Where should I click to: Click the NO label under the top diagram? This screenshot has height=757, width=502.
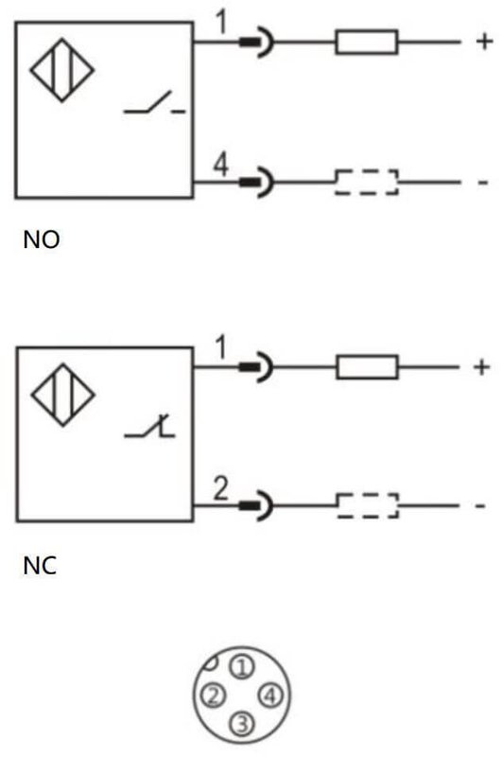click(x=42, y=239)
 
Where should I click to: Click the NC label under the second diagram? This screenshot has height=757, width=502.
click(x=40, y=565)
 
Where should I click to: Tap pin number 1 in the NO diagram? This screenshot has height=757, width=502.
click(x=221, y=22)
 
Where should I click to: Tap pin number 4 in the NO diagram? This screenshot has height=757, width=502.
click(x=221, y=164)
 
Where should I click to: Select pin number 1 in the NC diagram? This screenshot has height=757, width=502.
click(x=221, y=347)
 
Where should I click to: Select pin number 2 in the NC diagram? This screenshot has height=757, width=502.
click(x=221, y=488)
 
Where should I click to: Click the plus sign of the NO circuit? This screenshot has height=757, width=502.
click(x=484, y=41)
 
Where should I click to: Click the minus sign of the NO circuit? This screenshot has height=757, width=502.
click(x=483, y=183)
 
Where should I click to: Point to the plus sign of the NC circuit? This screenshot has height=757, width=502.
click(x=481, y=367)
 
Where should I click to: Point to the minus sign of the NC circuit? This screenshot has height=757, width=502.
click(x=479, y=506)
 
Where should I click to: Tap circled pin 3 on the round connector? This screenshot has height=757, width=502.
click(x=242, y=723)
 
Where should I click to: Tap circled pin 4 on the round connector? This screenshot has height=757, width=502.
click(x=270, y=695)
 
